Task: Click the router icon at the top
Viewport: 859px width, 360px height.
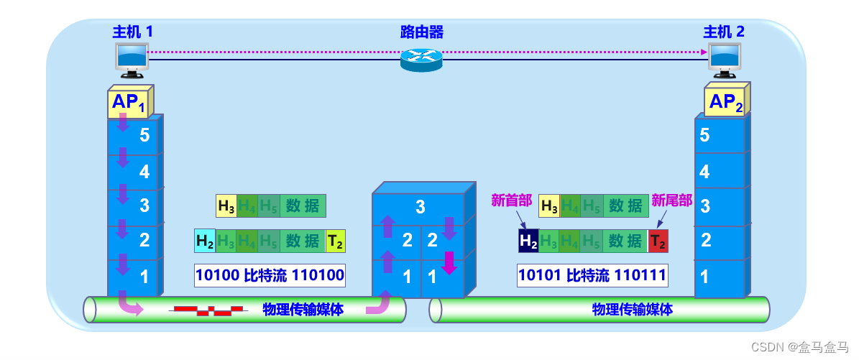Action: pos(421,59)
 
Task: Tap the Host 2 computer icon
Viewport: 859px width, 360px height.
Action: pos(724,60)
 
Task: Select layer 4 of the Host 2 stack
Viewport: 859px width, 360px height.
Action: pos(719,172)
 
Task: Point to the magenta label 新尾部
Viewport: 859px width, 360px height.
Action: pos(671,200)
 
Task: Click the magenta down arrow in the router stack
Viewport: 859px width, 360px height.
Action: pos(449,262)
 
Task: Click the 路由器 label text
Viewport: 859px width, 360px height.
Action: pos(421,32)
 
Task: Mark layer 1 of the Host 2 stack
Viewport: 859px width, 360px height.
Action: pos(719,277)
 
